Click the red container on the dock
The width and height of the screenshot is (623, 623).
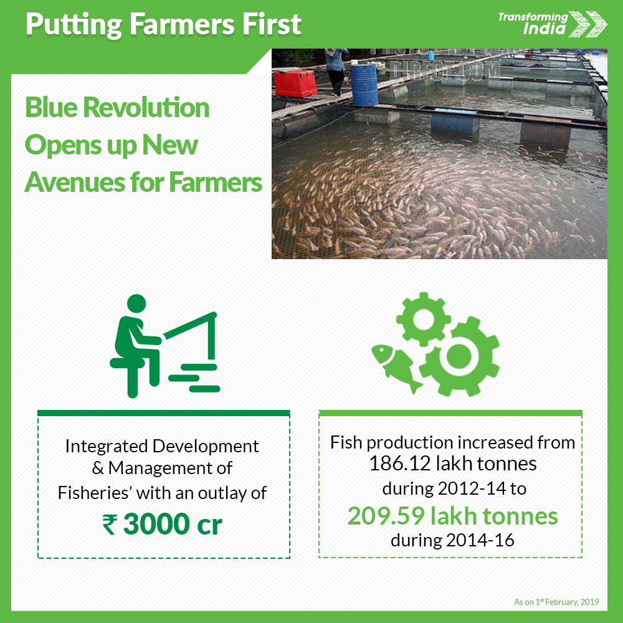tap(295, 83)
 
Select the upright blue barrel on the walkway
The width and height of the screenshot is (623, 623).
tap(364, 85)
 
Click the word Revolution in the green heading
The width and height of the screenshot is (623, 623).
tap(146, 108)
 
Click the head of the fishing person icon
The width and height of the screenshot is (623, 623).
tap(136, 304)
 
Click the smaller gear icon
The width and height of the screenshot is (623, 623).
tap(424, 319)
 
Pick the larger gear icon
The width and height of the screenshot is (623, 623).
tap(459, 356)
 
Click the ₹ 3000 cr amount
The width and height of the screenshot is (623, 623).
tap(163, 524)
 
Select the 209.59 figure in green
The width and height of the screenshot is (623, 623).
tap(386, 516)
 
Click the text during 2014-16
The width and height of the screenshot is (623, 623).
tap(452, 540)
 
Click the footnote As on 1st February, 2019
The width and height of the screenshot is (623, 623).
tap(556, 602)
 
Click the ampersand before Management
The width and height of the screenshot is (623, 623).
tap(98, 468)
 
